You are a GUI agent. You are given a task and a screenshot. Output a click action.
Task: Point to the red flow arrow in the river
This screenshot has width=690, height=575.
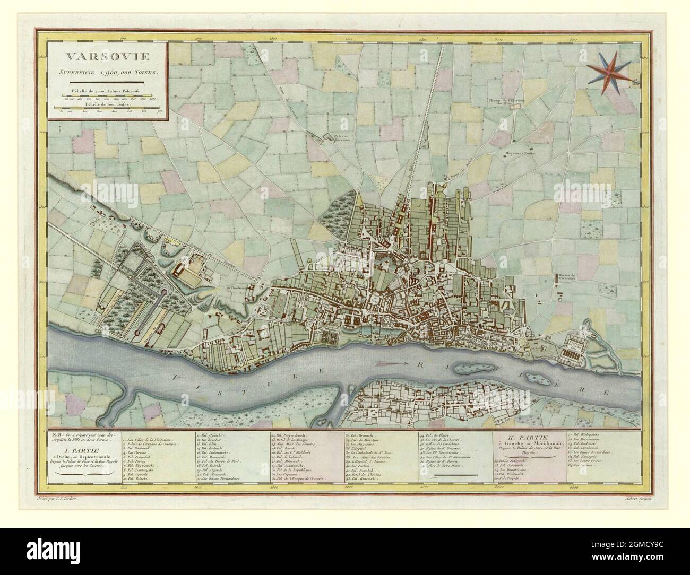pos(392,364)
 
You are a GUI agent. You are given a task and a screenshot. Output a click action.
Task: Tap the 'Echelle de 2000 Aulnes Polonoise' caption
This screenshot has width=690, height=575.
pos(106,91)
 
